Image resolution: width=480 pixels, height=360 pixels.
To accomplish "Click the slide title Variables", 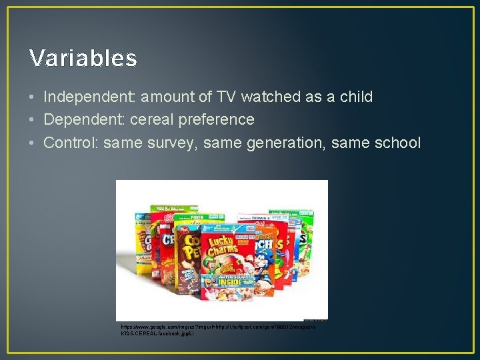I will (83, 59).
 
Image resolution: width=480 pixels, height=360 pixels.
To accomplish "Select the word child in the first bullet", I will (355, 97).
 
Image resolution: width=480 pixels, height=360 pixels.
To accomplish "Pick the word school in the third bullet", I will (399, 143).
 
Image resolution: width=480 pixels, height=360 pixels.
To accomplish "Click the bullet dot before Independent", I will (33, 97).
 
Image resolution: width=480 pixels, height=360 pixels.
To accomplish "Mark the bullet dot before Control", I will (33, 143).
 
